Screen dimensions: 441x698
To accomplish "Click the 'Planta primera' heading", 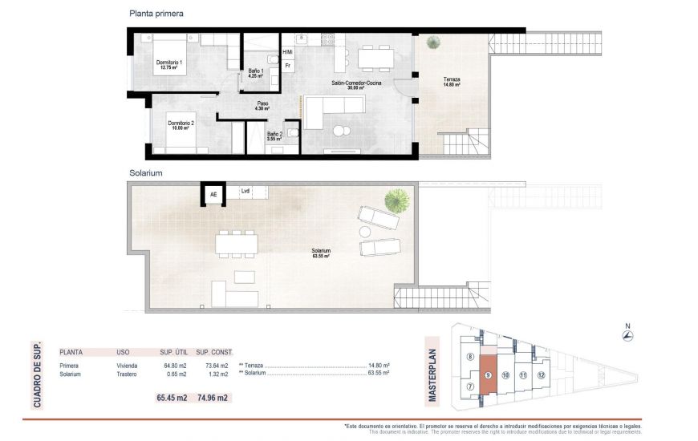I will [156, 14].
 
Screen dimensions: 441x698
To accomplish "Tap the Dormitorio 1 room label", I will [169, 65].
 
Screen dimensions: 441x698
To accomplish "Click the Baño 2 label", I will [274, 136].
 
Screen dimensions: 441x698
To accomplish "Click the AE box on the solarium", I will [213, 193].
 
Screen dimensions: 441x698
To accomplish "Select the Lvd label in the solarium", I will [245, 191].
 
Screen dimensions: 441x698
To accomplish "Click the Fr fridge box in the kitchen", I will [287, 66].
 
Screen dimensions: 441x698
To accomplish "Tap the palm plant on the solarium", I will [394, 197].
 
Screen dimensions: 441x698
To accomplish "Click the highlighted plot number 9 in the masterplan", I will [488, 375].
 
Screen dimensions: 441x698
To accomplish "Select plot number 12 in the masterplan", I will [542, 375].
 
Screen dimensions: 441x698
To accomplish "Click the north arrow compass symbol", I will [628, 334].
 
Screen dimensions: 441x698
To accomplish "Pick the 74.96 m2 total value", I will [213, 397].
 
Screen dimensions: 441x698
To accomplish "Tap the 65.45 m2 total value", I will [172, 397].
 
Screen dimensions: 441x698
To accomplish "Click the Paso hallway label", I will [262, 104].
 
